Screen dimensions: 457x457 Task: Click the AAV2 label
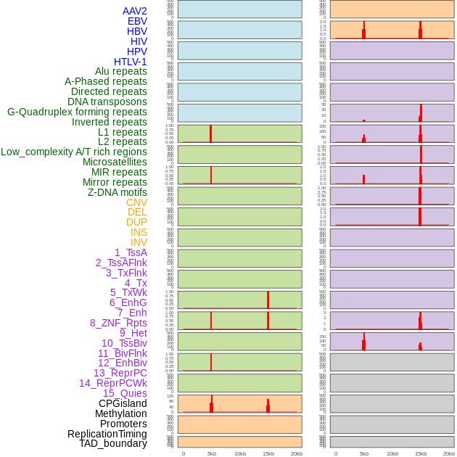coord(134,11)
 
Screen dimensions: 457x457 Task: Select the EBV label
coord(137,21)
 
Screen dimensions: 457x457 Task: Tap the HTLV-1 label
coord(130,62)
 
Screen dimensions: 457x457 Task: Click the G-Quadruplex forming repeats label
coord(77,112)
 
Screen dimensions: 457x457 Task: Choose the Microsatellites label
coord(115,162)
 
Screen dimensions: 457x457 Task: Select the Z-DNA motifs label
coord(117,192)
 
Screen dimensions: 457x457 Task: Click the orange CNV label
coord(136,202)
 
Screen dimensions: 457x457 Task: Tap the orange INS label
coord(139,232)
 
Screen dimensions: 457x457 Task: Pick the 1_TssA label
coord(131,252)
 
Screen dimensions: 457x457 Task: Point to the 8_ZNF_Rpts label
coord(118,323)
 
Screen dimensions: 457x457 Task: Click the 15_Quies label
coord(125,393)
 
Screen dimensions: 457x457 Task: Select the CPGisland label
coord(123,403)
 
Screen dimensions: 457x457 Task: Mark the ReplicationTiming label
coord(107,434)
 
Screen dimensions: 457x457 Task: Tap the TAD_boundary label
coord(113,443)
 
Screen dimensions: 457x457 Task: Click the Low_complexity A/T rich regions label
coord(74,152)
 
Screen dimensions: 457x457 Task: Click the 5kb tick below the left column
coord(212,453)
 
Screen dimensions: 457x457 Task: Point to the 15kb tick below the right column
coord(421,453)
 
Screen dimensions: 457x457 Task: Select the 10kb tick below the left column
coord(240,453)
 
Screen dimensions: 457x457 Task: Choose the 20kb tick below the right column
coord(449,453)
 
